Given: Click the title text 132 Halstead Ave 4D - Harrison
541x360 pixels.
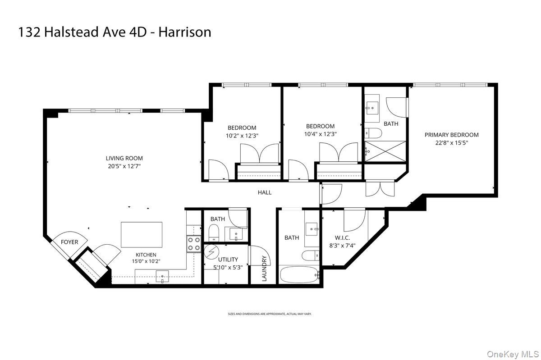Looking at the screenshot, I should pyautogui.click(x=115, y=32).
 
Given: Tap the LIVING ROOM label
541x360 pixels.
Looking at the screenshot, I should pyautogui.click(x=124, y=158).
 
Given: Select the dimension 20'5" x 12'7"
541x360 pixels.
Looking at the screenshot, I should pyautogui.click(x=124, y=166).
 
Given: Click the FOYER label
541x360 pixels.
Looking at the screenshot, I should pyautogui.click(x=69, y=242).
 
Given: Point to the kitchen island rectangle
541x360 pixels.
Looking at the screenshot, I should pyautogui.click(x=142, y=234).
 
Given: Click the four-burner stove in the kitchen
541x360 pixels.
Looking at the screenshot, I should pyautogui.click(x=194, y=244).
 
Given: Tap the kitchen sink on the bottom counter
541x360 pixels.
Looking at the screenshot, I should pyautogui.click(x=162, y=276).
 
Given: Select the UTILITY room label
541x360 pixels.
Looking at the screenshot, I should pyautogui.click(x=228, y=260).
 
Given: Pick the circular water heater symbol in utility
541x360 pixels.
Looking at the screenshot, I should pyautogui.click(x=210, y=252).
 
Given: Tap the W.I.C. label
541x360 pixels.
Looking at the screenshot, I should pyautogui.click(x=343, y=238).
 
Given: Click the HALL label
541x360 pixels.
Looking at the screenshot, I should pyautogui.click(x=265, y=192).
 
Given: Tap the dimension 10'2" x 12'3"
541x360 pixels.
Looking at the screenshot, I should pyautogui.click(x=242, y=135).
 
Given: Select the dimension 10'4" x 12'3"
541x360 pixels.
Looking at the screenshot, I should pyautogui.click(x=321, y=134).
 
